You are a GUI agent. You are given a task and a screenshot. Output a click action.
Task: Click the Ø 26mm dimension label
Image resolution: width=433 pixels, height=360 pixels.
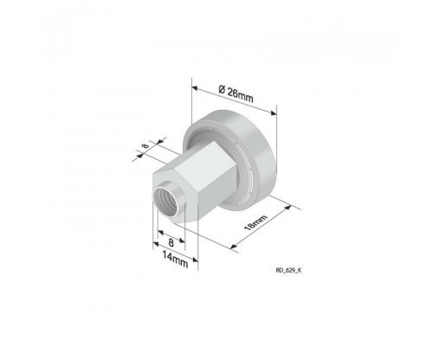pos(236,93)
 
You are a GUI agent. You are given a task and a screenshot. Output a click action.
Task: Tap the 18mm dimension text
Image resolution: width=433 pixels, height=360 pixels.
pos(255,222)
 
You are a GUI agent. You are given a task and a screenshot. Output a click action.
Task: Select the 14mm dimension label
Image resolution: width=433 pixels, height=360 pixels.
pos(175,260)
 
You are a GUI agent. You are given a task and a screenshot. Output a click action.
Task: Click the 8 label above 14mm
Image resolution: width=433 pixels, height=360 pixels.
pos(171,242)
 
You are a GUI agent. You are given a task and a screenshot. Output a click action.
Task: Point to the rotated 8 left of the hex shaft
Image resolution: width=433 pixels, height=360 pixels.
pos(146,145)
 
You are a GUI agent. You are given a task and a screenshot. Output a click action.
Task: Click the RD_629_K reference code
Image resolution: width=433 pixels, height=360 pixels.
pos(288,270)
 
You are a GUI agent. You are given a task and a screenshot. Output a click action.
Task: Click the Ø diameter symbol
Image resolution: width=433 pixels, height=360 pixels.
pos(222,89)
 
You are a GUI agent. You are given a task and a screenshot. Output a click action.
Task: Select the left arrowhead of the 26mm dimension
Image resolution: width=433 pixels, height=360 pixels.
pos(195,88)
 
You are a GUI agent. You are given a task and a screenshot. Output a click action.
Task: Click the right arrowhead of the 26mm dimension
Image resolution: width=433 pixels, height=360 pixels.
pos(273,112)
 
